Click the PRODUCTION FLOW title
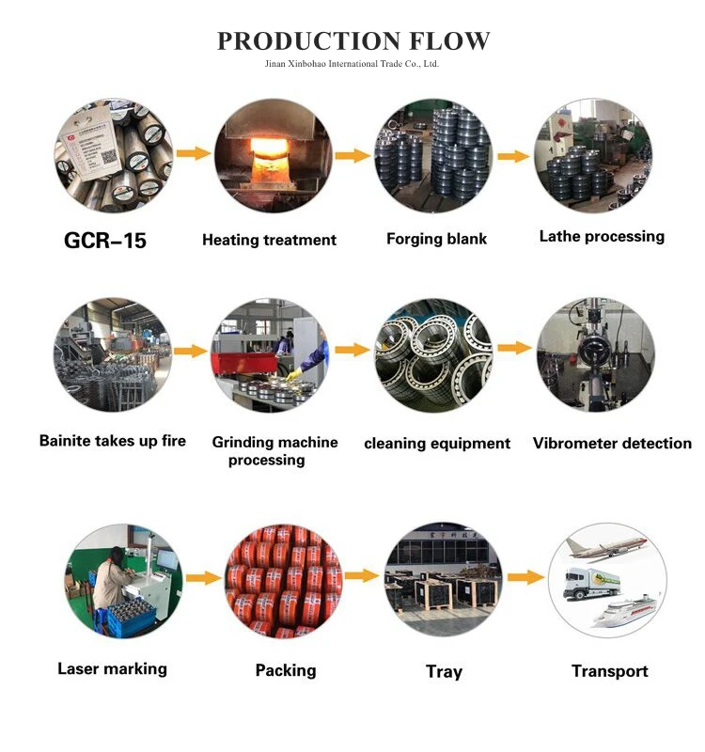pyautogui.click(x=353, y=40)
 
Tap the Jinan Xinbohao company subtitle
pyautogui.click(x=352, y=64)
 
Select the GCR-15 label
pyautogui.click(x=105, y=240)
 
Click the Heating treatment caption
pyautogui.click(x=269, y=240)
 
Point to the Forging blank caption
pyautogui.click(x=436, y=239)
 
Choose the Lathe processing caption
pyautogui.click(x=602, y=236)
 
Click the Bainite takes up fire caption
pyautogui.click(x=113, y=440)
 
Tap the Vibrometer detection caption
pyautogui.click(x=612, y=443)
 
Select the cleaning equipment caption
pyautogui.click(x=437, y=443)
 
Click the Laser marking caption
pyautogui.click(x=112, y=668)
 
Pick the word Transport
pyautogui.click(x=610, y=671)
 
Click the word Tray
pyautogui.click(x=444, y=671)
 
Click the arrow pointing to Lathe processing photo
pyautogui.click(x=513, y=156)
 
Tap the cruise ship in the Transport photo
pyautogui.click(x=616, y=612)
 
